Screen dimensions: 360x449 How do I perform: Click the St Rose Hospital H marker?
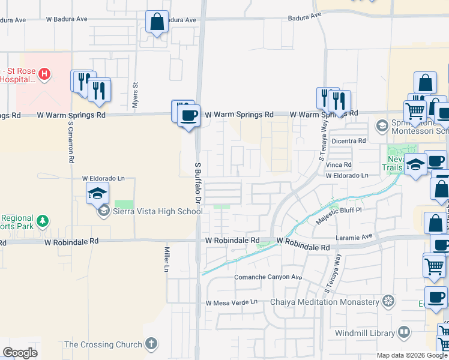pyautogui.click(x=43, y=74)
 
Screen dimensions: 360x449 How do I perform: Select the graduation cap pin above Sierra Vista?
pyautogui.click(x=97, y=194)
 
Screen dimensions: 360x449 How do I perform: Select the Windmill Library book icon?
pyautogui.click(x=405, y=332)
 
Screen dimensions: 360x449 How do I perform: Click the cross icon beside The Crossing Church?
pyautogui.click(x=151, y=344)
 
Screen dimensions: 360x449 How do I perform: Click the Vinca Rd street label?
pyautogui.click(x=339, y=164)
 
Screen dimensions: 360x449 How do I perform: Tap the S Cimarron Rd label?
pyautogui.click(x=71, y=143)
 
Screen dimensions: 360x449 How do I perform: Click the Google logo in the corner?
pyautogui.click(x=20, y=353)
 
